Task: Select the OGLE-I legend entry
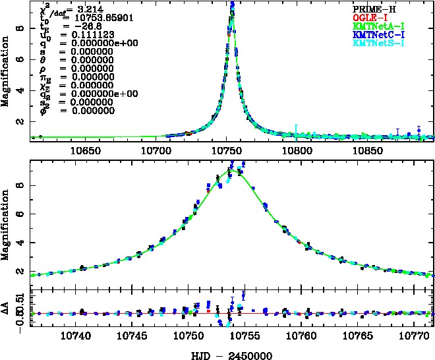click(x=370, y=16)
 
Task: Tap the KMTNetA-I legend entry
click(x=378, y=26)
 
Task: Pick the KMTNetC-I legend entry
click(x=378, y=34)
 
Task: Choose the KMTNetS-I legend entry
click(x=378, y=44)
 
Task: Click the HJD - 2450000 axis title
click(x=227, y=354)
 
